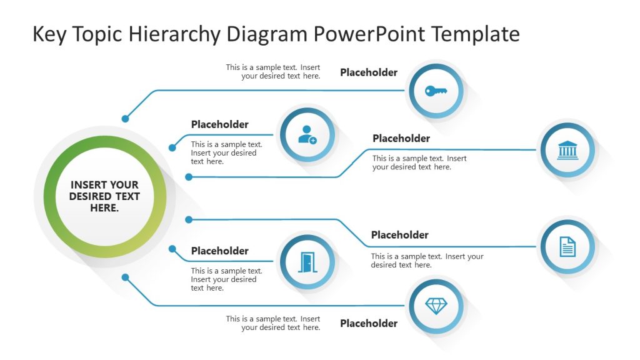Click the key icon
(436, 91)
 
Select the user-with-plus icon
(307, 135)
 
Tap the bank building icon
(567, 150)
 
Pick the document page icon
(567, 246)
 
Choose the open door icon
(307, 262)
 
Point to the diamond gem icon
(436, 306)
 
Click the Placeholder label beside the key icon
(368, 72)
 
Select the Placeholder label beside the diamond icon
(368, 323)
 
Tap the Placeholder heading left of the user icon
(219, 124)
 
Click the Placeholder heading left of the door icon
(219, 251)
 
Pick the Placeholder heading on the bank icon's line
(401, 138)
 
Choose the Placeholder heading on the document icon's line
(399, 235)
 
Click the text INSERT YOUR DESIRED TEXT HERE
(104, 196)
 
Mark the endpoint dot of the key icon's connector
(126, 118)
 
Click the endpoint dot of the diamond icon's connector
(126, 277)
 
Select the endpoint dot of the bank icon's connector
(189, 177)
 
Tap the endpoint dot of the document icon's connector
(189, 219)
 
